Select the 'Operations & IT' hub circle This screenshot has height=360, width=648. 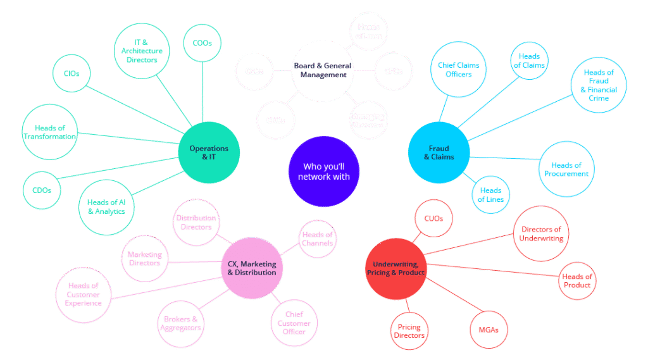click(209, 153)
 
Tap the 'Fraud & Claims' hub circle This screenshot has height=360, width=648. click(439, 152)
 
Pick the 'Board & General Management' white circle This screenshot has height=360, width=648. click(321, 71)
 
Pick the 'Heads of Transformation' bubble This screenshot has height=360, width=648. click(50, 132)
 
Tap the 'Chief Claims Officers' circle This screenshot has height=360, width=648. click(459, 70)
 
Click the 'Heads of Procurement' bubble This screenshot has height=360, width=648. click(567, 169)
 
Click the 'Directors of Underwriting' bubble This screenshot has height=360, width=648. click(541, 233)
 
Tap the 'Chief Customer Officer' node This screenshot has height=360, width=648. click(294, 323)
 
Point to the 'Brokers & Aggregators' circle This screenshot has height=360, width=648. click(181, 323)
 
